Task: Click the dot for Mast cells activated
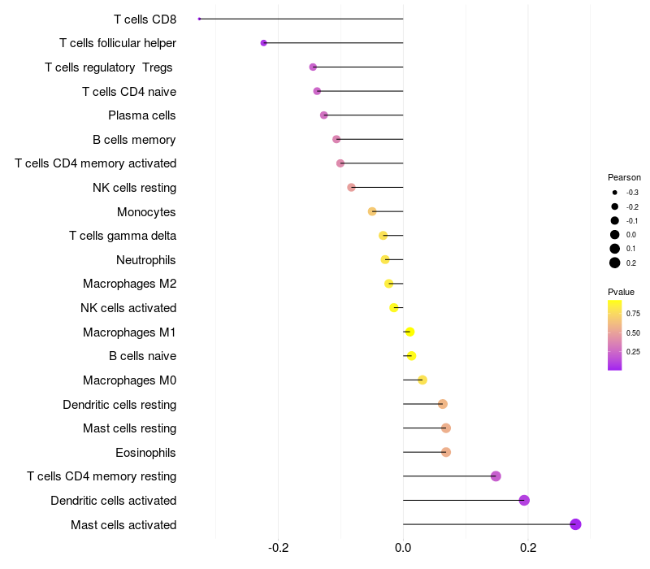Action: coord(575,524)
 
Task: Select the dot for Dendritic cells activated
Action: coord(524,500)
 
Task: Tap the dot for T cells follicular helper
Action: coord(263,43)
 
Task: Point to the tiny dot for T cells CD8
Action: coord(199,19)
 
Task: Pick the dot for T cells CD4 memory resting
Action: coord(496,476)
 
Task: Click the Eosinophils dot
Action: coord(446,452)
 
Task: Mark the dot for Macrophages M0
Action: coord(422,380)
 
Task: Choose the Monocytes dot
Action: coord(372,211)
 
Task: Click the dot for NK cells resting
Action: coord(351,188)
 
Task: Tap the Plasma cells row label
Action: coord(142,115)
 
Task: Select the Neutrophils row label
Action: coord(146,260)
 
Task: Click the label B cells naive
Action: coord(142,356)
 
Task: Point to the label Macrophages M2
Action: coord(129,284)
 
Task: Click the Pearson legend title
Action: coord(624,177)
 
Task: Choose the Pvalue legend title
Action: coord(621,292)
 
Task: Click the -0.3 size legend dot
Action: coord(615,193)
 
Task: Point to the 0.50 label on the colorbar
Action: coord(633,332)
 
